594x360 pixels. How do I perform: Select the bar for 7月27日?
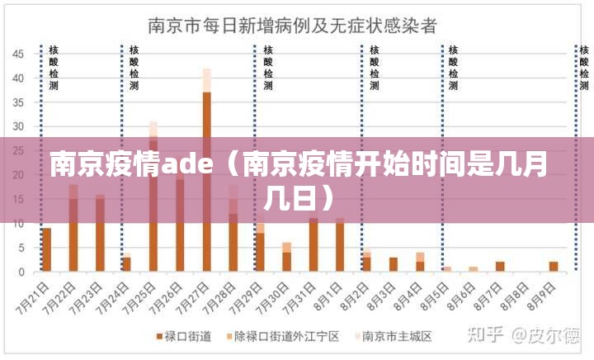(x=206, y=182)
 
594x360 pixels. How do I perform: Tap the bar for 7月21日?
(x=46, y=249)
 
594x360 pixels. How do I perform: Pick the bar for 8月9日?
(x=553, y=266)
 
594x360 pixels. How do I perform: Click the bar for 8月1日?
(x=339, y=244)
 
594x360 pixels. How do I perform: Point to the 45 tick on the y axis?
(x=17, y=54)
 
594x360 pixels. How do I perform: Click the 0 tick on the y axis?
(x=21, y=272)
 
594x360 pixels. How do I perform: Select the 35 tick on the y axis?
(x=17, y=102)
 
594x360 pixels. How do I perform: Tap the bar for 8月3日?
(x=393, y=264)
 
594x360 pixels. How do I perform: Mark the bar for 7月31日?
(x=313, y=244)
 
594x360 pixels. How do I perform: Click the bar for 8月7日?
(x=499, y=266)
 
